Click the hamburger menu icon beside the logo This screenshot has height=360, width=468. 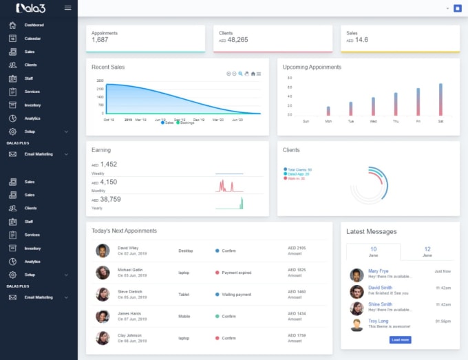(x=67, y=8)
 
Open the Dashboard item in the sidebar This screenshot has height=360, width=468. (x=34, y=25)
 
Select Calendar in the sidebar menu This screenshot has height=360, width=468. (x=32, y=39)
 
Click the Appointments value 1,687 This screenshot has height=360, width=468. (x=100, y=40)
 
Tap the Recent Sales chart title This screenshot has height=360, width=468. (x=108, y=67)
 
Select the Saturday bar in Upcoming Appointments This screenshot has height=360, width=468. (x=440, y=100)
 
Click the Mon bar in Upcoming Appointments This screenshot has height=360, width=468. (x=328, y=111)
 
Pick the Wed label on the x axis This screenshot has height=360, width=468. (x=373, y=121)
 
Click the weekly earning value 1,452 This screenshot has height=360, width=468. (x=109, y=165)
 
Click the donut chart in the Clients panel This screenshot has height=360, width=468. (x=370, y=184)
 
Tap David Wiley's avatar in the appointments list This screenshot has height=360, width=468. (x=103, y=251)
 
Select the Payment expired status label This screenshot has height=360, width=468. (x=236, y=273)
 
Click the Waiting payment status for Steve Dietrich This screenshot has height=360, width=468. (x=236, y=294)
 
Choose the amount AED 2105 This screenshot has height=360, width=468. (x=297, y=248)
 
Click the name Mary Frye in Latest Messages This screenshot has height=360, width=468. (x=378, y=271)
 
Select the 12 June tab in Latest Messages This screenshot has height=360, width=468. (x=427, y=251)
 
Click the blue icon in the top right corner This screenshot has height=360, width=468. (x=457, y=8)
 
